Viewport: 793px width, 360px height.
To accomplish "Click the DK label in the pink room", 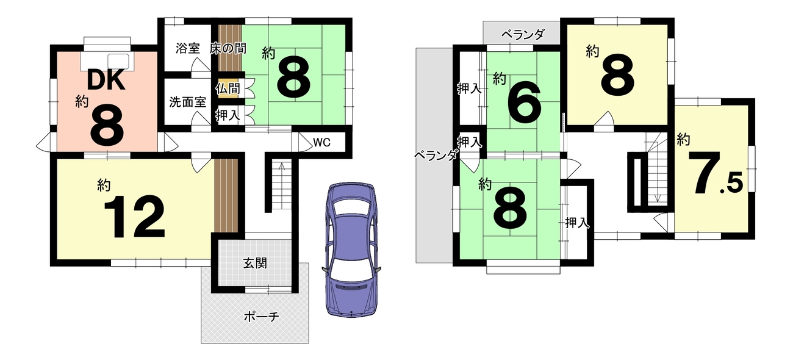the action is click(x=106, y=80).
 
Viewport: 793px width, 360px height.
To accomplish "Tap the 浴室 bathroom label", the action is click(x=188, y=48).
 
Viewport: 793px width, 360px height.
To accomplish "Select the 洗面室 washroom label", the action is click(x=188, y=102).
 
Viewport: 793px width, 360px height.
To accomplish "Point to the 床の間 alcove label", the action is click(x=228, y=48).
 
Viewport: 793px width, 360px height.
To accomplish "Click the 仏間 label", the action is click(x=228, y=88).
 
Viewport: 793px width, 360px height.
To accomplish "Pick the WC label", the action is click(x=322, y=142).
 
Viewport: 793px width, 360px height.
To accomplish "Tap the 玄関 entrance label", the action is click(x=255, y=263).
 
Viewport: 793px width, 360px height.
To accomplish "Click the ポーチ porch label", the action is click(x=261, y=317).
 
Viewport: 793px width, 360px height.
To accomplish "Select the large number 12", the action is click(x=135, y=217).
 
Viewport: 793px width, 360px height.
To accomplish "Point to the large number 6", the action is click(x=525, y=103).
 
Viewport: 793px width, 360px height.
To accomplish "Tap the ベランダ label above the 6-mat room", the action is click(x=523, y=35).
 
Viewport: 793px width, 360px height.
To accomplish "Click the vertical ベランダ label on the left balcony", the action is click(x=436, y=155).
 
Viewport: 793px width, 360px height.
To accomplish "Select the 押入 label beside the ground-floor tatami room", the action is click(x=228, y=115).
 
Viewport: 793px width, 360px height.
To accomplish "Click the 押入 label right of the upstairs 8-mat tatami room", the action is click(x=578, y=222).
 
